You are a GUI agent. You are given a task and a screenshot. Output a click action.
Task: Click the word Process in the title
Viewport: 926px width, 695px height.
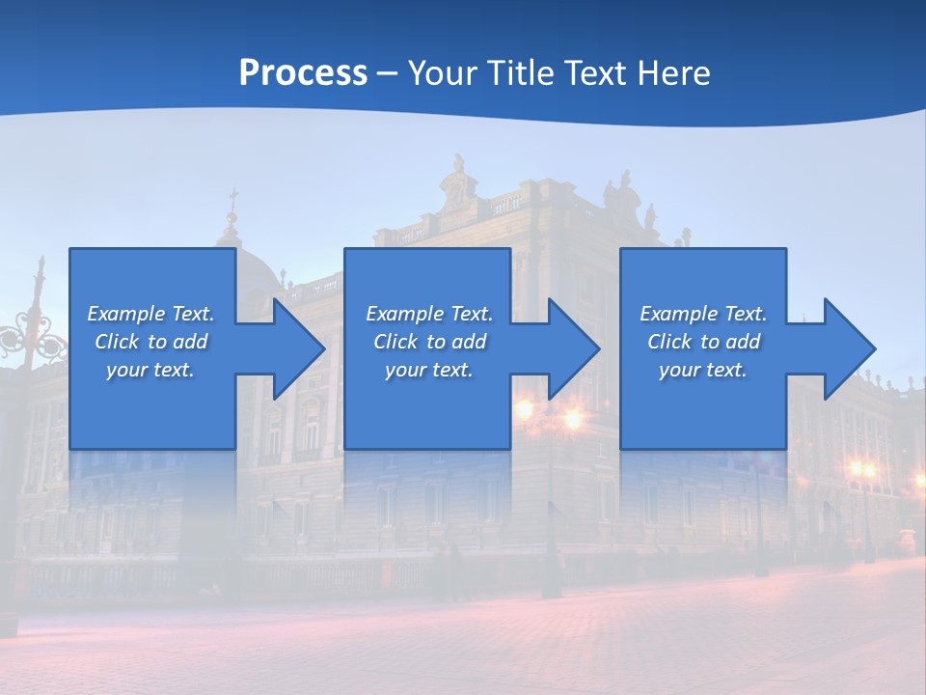pos(303,73)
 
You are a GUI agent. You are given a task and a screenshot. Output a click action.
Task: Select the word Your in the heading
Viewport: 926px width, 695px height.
pos(441,73)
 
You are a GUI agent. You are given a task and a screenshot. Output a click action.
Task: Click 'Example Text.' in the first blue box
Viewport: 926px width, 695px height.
pos(150,314)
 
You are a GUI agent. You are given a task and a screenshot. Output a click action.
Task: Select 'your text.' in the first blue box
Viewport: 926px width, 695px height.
pos(150,370)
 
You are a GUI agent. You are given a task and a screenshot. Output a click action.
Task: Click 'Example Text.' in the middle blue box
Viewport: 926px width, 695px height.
pos(429,314)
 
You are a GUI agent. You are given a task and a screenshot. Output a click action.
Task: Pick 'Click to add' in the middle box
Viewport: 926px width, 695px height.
pos(429,342)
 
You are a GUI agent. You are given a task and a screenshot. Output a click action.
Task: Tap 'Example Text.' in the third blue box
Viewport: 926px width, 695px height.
pos(703,314)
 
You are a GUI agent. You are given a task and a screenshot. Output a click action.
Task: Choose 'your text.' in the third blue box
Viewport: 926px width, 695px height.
pos(703,370)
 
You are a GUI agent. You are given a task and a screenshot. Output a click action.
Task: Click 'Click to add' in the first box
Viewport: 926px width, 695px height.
pos(150,342)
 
